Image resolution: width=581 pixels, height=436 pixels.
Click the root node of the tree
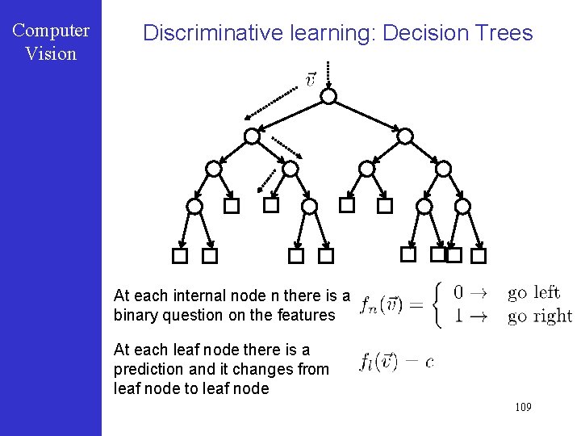328,96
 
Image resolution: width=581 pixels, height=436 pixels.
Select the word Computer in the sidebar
51,31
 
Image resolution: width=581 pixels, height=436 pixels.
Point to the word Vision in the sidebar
51,54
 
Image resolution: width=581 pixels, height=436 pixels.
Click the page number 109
523,408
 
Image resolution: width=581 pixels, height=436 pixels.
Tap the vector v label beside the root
310,79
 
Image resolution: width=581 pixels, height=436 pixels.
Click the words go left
533,292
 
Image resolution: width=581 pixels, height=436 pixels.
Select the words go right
539,317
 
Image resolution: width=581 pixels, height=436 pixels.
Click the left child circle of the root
253,136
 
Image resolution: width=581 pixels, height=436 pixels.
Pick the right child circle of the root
405,136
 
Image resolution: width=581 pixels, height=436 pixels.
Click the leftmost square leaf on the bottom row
180,256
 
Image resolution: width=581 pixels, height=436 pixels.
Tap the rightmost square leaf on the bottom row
479,256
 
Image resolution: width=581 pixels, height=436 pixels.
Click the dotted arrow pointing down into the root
328,73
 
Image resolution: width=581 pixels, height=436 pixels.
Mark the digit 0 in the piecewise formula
458,292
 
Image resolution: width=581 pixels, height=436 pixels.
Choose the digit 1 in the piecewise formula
458,317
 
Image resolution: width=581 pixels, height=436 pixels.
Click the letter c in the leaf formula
428,363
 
